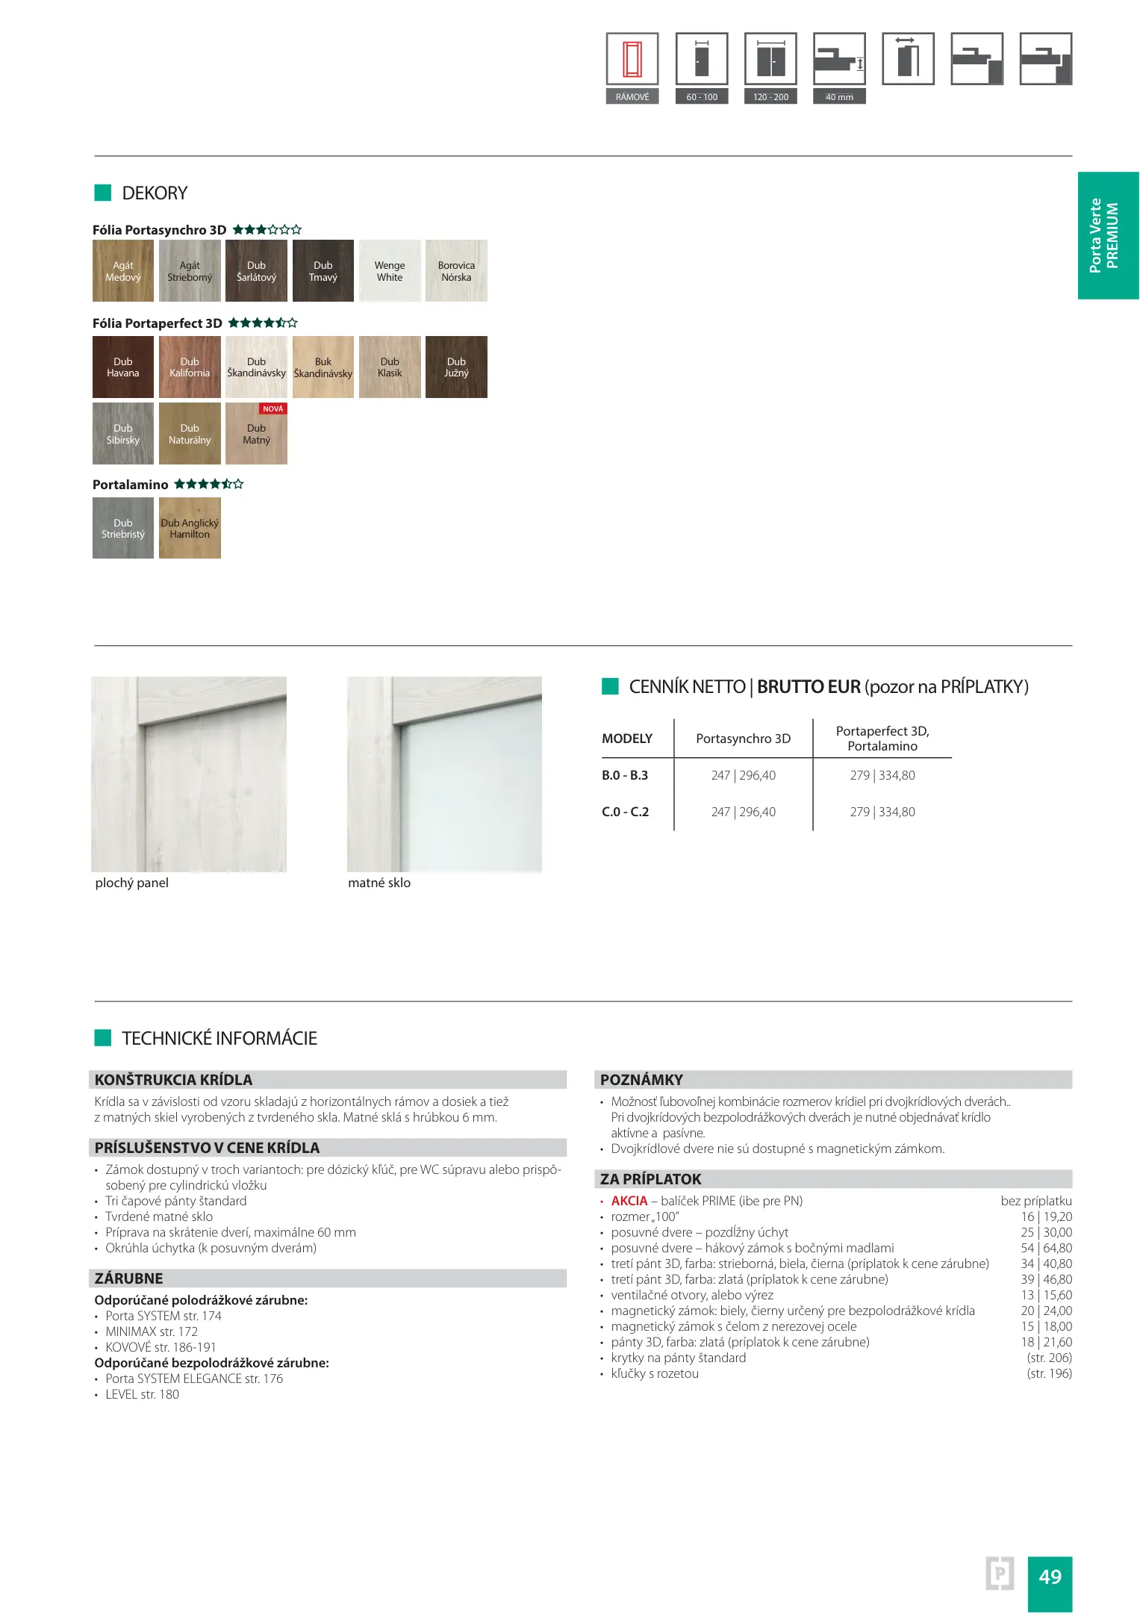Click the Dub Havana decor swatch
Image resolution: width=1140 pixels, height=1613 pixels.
[123, 367]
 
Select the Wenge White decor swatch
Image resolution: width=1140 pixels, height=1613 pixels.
[390, 271]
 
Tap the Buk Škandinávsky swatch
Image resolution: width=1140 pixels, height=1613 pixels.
[323, 367]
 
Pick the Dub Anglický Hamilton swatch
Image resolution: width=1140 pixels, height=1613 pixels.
[190, 528]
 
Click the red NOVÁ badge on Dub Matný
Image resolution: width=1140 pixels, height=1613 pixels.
[273, 409]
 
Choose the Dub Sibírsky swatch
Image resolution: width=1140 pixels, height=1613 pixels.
[123, 433]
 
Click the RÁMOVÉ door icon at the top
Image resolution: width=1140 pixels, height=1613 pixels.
[632, 59]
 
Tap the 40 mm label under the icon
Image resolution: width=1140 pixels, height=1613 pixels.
[839, 97]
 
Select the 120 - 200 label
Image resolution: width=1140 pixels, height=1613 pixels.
[770, 97]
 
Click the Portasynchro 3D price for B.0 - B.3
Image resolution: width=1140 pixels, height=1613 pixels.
[743, 775]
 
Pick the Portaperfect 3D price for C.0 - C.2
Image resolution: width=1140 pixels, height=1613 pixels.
[882, 812]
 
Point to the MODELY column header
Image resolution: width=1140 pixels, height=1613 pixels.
[627, 739]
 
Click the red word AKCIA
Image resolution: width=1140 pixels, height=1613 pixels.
[629, 1201]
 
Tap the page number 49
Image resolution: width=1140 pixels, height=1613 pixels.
[1050, 1576]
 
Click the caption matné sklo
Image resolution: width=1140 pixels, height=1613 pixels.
[379, 883]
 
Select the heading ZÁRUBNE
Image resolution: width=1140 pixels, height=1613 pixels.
[129, 1278]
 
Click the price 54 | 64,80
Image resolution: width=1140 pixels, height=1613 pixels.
[1046, 1248]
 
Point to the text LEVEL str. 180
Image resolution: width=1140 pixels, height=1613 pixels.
[142, 1394]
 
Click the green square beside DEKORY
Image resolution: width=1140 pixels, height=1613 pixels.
[102, 193]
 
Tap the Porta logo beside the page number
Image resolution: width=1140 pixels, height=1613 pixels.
[1000, 1574]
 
